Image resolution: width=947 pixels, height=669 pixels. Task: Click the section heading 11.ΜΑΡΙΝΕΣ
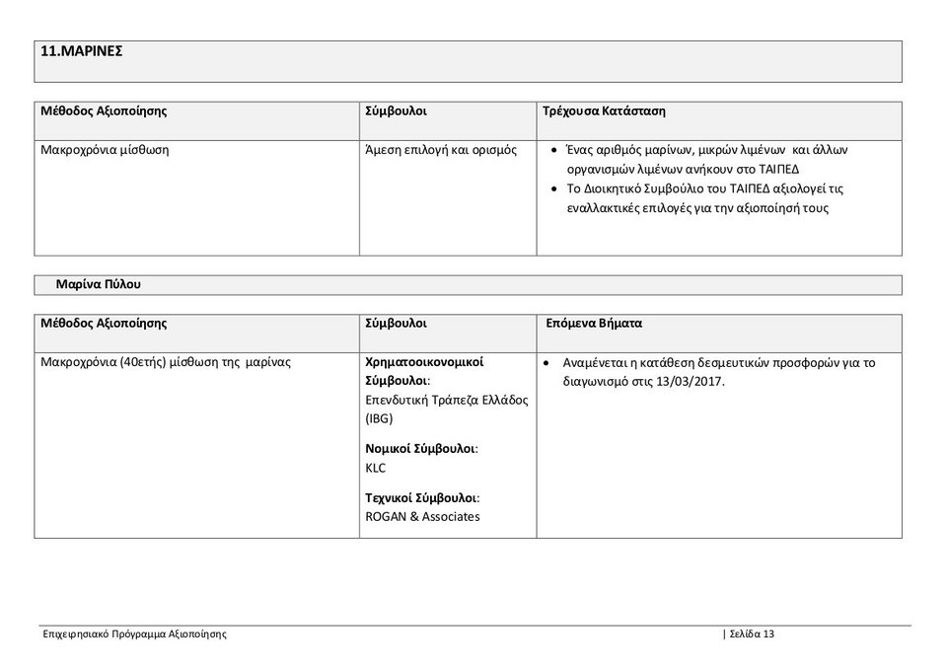pos(81,51)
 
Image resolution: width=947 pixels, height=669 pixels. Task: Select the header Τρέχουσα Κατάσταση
pos(604,111)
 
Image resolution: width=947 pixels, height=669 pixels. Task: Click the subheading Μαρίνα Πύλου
pos(99,284)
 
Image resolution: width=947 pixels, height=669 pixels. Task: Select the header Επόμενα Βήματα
pos(594,323)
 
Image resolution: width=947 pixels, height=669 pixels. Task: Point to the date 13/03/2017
pos(688,381)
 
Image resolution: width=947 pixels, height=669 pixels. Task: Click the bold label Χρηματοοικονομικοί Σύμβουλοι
pos(424,371)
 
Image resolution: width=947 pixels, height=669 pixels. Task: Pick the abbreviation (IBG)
pos(379,418)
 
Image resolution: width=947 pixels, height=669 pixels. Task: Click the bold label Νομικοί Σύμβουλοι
pos(421,448)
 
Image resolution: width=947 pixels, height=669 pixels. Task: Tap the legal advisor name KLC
pos(376,468)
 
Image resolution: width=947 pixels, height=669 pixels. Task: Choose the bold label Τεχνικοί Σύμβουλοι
pos(422,497)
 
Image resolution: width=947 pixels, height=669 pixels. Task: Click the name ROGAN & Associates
pos(422,516)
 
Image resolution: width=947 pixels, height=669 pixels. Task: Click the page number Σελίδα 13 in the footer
pos(752,633)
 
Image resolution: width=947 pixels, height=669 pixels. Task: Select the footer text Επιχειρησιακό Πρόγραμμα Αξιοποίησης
pos(134,633)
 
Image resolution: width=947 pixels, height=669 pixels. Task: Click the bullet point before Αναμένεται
pos(547,363)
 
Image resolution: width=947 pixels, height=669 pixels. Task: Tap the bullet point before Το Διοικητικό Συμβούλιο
pos(556,188)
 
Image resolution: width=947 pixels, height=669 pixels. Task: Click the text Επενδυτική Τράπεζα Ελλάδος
pos(447,400)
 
